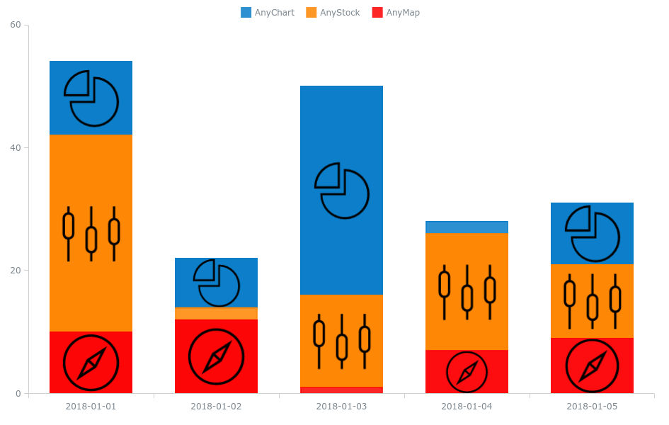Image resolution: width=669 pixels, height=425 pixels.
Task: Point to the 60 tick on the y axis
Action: point(15,25)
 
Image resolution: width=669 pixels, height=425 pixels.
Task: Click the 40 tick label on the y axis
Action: point(15,147)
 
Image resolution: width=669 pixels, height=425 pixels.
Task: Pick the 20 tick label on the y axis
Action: point(15,271)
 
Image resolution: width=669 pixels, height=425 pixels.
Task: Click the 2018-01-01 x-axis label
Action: point(91,407)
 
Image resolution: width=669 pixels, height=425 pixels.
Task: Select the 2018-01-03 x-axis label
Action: point(341,407)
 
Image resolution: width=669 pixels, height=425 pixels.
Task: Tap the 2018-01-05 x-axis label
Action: point(592,407)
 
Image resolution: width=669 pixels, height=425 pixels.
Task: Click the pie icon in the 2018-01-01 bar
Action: point(91,98)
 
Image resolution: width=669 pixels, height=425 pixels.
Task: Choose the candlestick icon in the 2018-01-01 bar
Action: point(91,234)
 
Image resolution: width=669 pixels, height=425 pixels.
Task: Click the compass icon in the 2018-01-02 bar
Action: point(216,356)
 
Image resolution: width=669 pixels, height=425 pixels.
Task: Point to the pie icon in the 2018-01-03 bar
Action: point(342,191)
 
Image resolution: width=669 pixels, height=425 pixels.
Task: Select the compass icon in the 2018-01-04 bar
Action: point(467,372)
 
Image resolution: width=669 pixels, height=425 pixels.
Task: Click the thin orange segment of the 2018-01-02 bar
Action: point(216,313)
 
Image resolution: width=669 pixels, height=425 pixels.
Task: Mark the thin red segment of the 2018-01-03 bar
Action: point(341,390)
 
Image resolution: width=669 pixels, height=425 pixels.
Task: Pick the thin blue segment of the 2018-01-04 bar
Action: point(467,227)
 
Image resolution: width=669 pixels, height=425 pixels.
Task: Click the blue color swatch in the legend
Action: point(246,13)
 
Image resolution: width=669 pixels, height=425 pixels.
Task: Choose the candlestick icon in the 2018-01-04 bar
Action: point(467,292)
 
